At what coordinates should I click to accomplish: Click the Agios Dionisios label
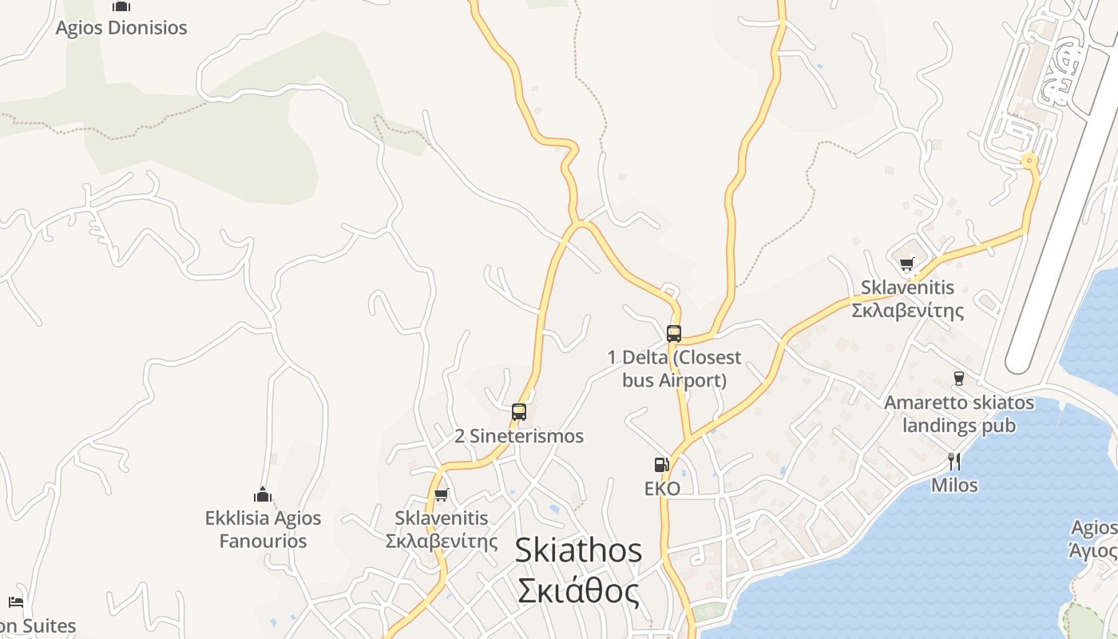[x=121, y=28]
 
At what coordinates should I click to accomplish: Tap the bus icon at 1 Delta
[x=674, y=333]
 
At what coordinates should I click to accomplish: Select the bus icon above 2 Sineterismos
[x=519, y=412]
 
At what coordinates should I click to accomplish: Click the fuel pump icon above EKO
[x=661, y=465]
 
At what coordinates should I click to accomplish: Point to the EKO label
[x=662, y=488]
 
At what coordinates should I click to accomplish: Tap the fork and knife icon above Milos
[x=953, y=461]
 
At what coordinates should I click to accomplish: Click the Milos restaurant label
[x=954, y=485]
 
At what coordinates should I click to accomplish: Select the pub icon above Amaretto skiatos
[x=959, y=379]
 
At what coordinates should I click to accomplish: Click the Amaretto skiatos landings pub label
[x=958, y=414]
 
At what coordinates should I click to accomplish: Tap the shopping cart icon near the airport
[x=906, y=264]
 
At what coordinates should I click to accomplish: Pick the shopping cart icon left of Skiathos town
[x=442, y=494]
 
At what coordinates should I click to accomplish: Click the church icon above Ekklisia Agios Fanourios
[x=263, y=494]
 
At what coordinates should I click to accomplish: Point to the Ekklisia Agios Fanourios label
[x=263, y=530]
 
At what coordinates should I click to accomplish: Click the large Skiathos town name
[x=578, y=550]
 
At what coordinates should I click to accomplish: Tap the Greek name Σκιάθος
[x=578, y=592]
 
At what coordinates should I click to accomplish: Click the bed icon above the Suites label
[x=15, y=601]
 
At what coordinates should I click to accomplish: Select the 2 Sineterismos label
[x=519, y=436]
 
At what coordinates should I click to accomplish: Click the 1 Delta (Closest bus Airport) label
[x=674, y=368]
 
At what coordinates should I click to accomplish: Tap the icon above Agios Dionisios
[x=121, y=6]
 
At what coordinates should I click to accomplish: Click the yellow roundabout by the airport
[x=1029, y=161]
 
